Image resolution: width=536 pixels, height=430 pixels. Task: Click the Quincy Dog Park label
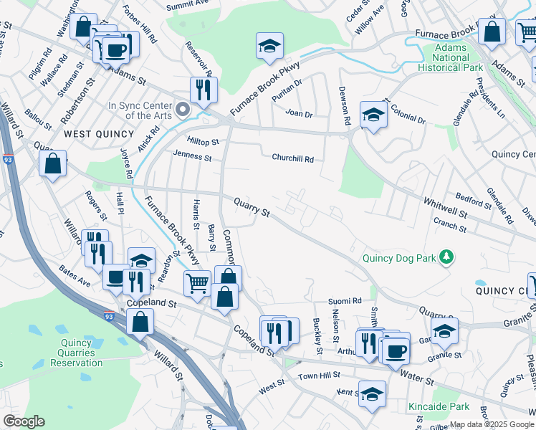pyautogui.click(x=401, y=257)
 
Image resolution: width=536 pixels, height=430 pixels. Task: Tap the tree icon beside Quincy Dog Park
pyautogui.click(x=446, y=256)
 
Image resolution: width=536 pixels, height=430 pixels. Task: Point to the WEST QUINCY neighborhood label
pyautogui.click(x=99, y=134)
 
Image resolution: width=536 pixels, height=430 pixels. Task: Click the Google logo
pyautogui.click(x=24, y=421)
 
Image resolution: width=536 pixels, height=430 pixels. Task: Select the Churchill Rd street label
pyautogui.click(x=292, y=158)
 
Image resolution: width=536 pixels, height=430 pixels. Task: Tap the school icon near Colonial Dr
pyautogui.click(x=373, y=115)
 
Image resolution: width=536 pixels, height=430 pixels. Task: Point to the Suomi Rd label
pyautogui.click(x=345, y=302)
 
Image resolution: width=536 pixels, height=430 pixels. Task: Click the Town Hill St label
pyautogui.click(x=319, y=376)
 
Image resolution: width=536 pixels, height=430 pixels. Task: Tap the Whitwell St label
pyautogui.click(x=445, y=209)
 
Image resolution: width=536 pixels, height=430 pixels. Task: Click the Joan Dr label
pyautogui.click(x=299, y=114)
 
